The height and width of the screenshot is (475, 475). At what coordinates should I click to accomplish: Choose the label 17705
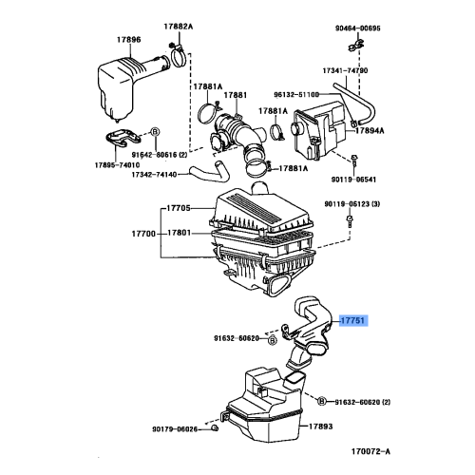(x=180, y=207)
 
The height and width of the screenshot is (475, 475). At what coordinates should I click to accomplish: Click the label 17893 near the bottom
(x=319, y=427)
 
